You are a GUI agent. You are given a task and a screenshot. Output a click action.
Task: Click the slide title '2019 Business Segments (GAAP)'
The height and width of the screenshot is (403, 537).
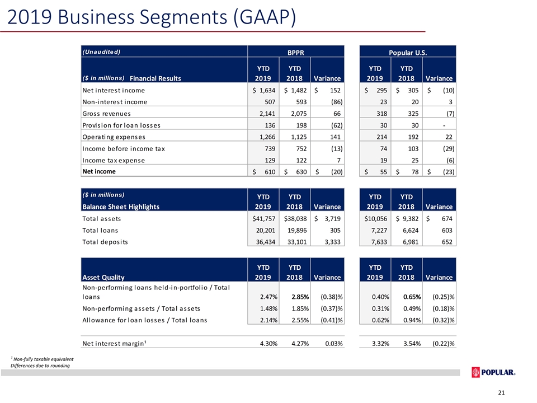click(x=152, y=17)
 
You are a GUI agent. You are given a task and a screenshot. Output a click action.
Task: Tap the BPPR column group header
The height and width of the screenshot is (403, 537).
click(x=295, y=53)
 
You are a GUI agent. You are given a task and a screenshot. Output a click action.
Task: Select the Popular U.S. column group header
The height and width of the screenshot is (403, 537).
click(x=408, y=53)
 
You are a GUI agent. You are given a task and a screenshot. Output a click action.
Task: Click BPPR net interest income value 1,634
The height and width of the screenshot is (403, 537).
click(x=263, y=90)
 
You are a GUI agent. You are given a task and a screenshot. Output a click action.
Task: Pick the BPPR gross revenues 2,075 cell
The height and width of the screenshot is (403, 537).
click(x=299, y=114)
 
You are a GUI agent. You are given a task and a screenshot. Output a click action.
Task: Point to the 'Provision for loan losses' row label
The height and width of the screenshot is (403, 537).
click(x=121, y=125)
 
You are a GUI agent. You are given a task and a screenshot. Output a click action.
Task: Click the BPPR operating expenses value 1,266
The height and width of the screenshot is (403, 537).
click(x=267, y=137)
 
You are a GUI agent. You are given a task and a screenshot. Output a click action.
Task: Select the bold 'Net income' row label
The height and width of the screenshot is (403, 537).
click(x=99, y=171)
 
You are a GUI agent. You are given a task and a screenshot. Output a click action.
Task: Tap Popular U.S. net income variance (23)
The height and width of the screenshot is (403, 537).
click(x=449, y=172)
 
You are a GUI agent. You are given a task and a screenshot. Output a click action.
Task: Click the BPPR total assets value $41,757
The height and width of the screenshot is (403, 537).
click(x=263, y=219)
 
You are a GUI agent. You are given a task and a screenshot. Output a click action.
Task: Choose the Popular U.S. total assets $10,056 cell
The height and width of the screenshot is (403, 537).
click(x=376, y=219)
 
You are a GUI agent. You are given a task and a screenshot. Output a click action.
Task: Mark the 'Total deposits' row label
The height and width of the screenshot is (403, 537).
click(x=105, y=242)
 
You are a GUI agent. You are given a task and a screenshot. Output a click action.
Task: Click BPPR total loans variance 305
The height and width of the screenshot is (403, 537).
click(x=335, y=230)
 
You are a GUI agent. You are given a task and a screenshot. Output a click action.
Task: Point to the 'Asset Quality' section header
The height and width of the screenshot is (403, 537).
click(x=103, y=277)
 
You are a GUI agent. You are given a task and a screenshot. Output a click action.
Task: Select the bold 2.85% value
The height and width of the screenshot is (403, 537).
click(x=300, y=297)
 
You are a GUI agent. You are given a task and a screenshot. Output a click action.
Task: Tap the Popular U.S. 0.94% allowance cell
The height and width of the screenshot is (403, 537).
click(x=412, y=320)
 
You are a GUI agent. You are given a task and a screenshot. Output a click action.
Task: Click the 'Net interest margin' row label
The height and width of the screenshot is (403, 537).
click(x=114, y=343)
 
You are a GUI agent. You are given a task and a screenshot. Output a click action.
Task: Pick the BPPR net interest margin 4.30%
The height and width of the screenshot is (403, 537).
click(x=268, y=343)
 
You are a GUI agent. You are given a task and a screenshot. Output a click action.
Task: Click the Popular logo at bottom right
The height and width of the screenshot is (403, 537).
click(x=493, y=373)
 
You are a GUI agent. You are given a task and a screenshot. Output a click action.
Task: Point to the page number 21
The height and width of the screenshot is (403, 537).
click(x=501, y=393)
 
